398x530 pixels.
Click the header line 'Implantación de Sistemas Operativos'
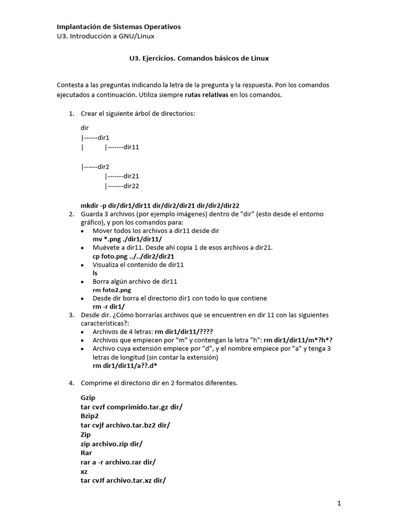tap(119, 26)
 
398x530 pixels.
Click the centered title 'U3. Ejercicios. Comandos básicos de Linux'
tap(199, 58)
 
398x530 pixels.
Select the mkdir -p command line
tap(160, 205)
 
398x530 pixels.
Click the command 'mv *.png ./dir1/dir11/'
tap(127, 240)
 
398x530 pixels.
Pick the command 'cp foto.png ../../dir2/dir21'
tap(133, 256)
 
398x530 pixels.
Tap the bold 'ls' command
tap(95, 273)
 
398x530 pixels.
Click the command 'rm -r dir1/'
tap(108, 307)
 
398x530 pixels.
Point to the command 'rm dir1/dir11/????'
tap(184, 332)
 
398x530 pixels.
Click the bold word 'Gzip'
tap(88, 398)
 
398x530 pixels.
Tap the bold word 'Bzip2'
tap(90, 416)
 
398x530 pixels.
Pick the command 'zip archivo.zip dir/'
tap(111, 444)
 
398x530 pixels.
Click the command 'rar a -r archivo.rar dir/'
tap(118, 462)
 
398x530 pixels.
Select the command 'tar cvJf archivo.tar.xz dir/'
tap(123, 480)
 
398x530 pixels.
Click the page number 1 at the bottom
tap(339, 503)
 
